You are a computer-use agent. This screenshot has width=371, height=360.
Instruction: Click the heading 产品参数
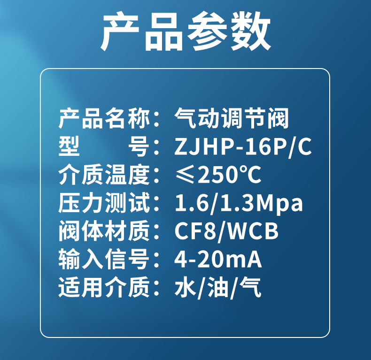(185, 31)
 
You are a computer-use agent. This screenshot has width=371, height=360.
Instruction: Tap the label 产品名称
(104, 118)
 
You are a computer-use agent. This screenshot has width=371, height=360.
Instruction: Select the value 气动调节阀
(232, 118)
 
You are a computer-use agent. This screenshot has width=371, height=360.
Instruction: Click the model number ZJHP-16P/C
(243, 146)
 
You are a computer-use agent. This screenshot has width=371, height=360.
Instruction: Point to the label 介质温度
(104, 175)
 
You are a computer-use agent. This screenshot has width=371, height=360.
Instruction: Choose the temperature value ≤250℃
(218, 175)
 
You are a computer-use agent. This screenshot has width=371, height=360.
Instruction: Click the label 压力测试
(104, 202)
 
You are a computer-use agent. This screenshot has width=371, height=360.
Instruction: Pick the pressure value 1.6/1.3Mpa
(239, 203)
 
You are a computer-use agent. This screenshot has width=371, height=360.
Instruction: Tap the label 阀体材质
(104, 230)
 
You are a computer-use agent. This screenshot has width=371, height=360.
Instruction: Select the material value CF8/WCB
(226, 231)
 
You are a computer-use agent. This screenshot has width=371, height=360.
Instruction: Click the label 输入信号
(104, 259)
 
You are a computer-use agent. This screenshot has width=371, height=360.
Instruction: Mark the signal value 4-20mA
(218, 259)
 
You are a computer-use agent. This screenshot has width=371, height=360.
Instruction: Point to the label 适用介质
(104, 287)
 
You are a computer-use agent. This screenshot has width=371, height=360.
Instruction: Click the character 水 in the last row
(185, 287)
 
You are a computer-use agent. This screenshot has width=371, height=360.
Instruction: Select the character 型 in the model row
(69, 146)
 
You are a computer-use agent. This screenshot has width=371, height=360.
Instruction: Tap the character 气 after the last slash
(250, 287)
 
